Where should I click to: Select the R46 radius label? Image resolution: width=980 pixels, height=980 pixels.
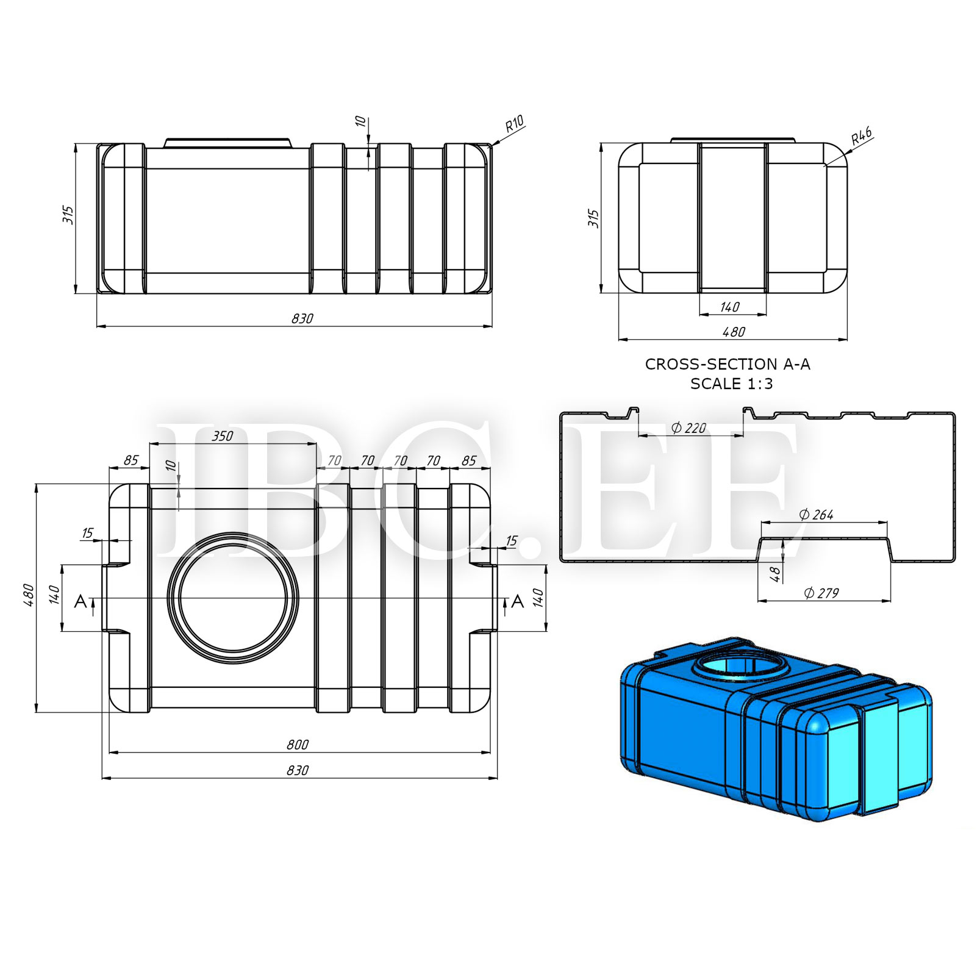point(861,135)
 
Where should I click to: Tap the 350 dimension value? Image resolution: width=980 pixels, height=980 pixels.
point(223,436)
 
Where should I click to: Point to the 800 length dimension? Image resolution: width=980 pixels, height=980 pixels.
point(298,745)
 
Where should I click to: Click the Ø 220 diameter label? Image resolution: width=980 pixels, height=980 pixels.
point(689,428)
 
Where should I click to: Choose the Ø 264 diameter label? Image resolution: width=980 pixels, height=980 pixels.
point(816,515)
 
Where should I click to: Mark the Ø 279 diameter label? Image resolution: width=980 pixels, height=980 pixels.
point(821,593)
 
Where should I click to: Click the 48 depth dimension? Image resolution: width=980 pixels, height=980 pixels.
point(774,574)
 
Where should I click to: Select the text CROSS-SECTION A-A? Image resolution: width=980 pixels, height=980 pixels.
point(728,364)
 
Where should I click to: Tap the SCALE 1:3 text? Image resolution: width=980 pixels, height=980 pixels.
point(731,384)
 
